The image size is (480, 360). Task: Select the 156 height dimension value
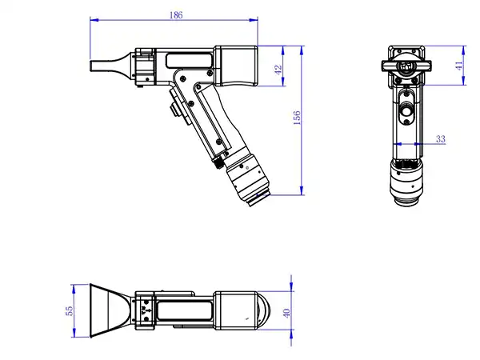coord(295,118)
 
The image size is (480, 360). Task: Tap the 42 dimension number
coord(278,70)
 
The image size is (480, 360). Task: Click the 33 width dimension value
coord(439,138)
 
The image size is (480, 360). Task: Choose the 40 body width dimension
coord(286,310)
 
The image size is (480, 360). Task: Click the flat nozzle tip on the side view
coord(103,64)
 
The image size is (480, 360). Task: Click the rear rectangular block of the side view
coord(237,64)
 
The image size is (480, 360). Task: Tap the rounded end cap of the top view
coord(242,310)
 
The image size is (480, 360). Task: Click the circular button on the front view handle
coord(407,112)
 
